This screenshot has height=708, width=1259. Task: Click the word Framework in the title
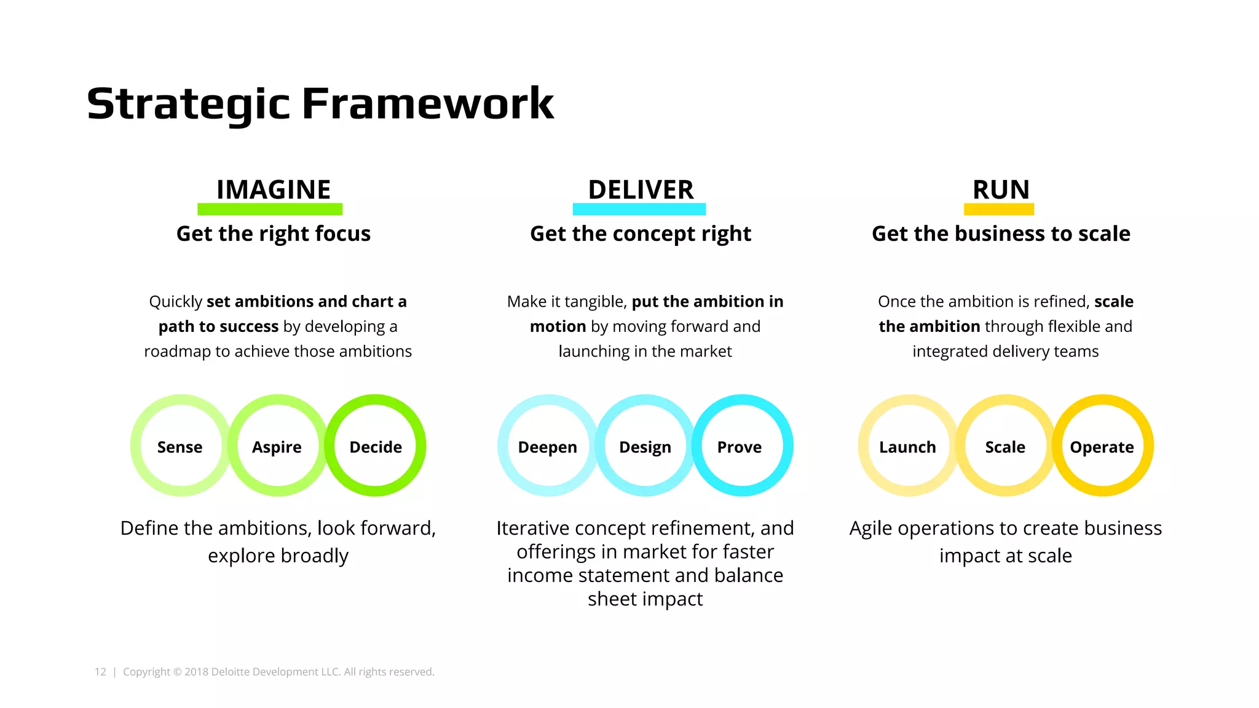(x=428, y=103)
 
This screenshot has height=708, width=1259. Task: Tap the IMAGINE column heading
(x=274, y=189)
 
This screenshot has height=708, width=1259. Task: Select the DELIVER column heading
(x=641, y=189)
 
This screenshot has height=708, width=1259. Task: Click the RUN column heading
(x=1000, y=189)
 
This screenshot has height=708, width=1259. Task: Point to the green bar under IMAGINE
(x=270, y=210)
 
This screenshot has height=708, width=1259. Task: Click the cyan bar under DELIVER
(x=639, y=210)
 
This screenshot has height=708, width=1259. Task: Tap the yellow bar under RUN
(x=998, y=210)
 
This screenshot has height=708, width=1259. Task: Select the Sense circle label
(x=180, y=447)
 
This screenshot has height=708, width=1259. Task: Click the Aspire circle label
(x=277, y=447)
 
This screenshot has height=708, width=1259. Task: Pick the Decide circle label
(x=376, y=447)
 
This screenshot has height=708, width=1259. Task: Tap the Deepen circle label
(x=547, y=447)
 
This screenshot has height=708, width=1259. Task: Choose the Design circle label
(x=645, y=447)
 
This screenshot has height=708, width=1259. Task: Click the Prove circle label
(x=739, y=447)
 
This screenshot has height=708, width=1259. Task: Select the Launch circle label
(x=907, y=447)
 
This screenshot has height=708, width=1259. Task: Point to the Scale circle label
(x=1004, y=447)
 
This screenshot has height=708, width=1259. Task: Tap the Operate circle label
(x=1102, y=447)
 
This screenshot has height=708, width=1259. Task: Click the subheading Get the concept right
(x=641, y=234)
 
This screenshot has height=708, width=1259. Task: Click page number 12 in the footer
(x=100, y=672)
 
